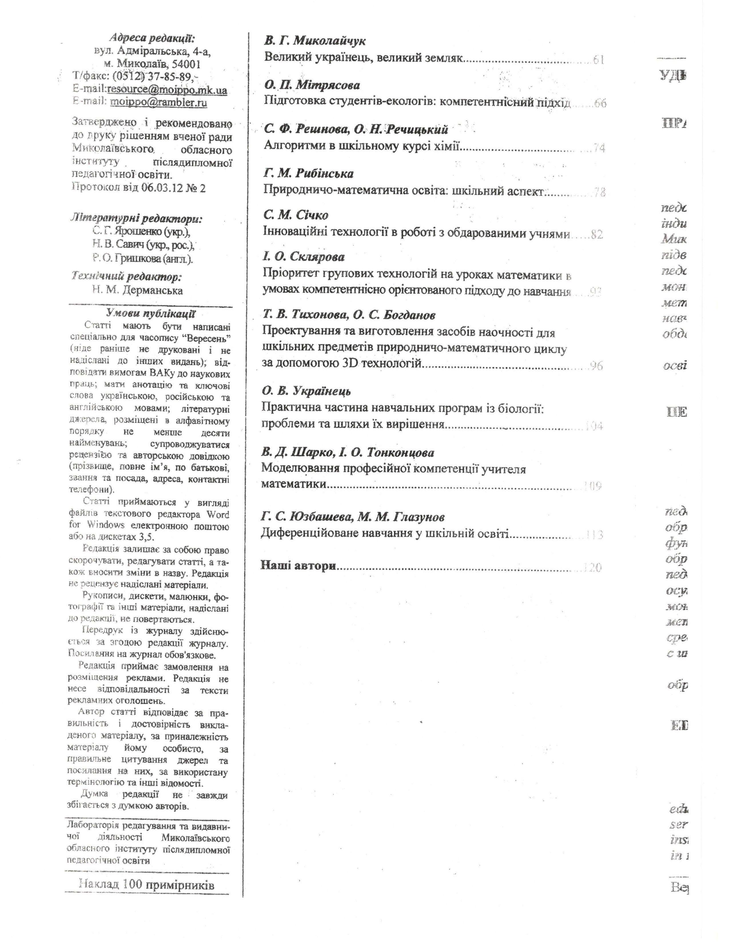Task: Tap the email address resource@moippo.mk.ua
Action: click(x=167, y=90)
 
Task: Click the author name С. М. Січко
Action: click(x=296, y=215)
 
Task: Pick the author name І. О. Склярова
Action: click(x=304, y=257)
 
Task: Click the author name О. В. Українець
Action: click(x=306, y=391)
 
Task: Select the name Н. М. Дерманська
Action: click(x=137, y=290)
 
